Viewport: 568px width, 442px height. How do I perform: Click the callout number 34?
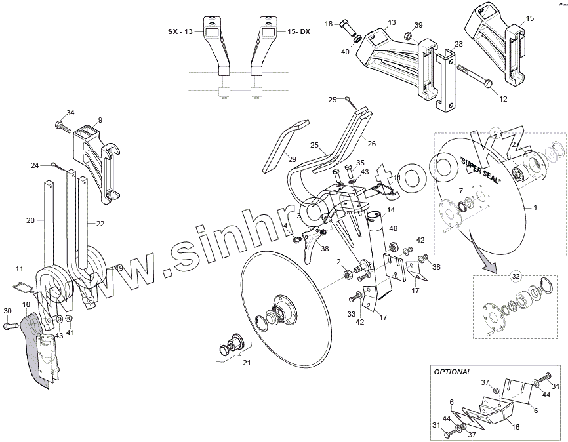[70, 113]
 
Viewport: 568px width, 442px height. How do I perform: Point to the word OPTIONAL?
[453, 372]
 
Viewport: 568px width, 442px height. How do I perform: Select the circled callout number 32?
[516, 276]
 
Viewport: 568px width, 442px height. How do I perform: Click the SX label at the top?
[172, 31]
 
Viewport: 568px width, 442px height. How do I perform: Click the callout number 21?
[247, 363]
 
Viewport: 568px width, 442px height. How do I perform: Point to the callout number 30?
[7, 311]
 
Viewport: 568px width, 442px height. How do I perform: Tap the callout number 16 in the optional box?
[516, 426]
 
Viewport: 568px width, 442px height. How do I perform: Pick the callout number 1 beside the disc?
[535, 207]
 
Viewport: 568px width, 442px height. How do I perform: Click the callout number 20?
[30, 221]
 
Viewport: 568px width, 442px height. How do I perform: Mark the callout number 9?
[100, 120]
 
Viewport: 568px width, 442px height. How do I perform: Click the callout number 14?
[390, 210]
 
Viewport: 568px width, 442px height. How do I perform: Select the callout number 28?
[458, 43]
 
